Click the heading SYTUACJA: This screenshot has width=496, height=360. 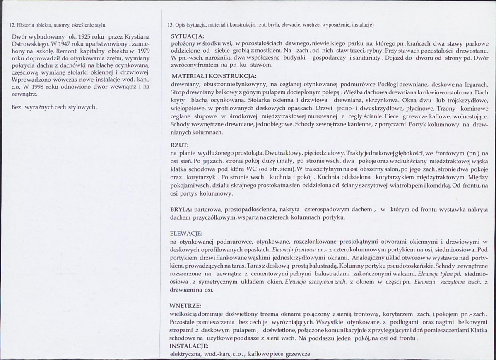click(187, 36)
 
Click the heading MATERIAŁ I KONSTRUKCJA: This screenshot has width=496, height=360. click(214, 76)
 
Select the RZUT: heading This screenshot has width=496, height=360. click(179, 145)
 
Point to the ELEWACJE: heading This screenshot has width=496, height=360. click(186, 234)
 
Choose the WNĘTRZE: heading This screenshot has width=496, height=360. click(185, 306)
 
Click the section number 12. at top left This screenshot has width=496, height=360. click(12, 25)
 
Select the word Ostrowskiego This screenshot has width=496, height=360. click(31, 43)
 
